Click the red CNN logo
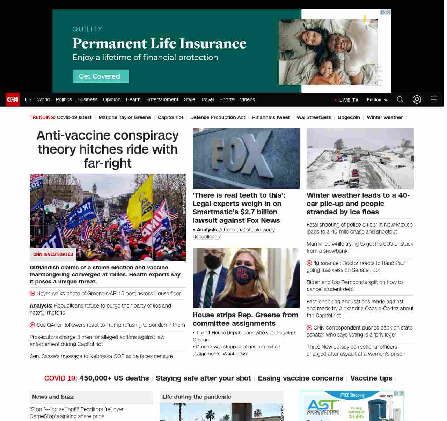point(13,99)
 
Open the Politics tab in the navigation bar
point(64,99)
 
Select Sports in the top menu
point(227,99)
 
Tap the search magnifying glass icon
point(400,99)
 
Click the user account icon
point(417,99)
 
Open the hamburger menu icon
point(434,99)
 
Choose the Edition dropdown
point(377,99)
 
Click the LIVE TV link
point(347,100)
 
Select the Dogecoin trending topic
point(349,117)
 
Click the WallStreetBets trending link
point(314,117)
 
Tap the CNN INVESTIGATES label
point(53,254)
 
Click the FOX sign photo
point(246,158)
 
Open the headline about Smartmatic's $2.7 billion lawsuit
point(239,208)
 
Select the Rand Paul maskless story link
point(359,267)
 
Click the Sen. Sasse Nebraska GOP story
point(101,356)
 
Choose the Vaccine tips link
point(371,378)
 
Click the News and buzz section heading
point(53,397)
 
